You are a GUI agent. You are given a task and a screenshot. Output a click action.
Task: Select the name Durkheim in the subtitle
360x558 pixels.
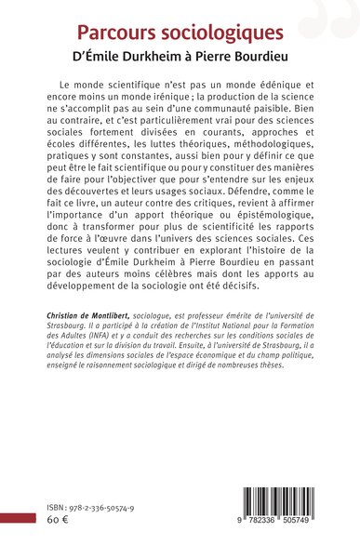[169, 60]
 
